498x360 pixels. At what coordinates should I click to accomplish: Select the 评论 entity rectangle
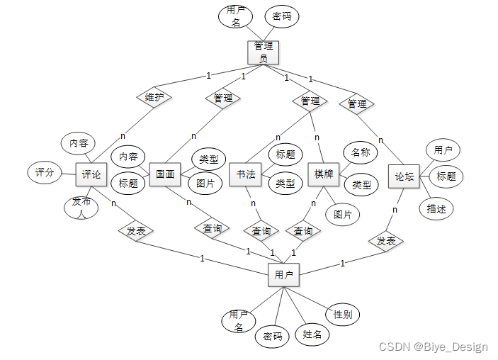click(91, 174)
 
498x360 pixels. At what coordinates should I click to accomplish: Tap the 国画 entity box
click(165, 174)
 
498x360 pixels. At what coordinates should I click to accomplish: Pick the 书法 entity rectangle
click(246, 174)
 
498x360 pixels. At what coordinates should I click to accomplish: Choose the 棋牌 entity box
click(324, 174)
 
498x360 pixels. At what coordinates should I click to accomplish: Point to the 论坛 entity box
click(404, 176)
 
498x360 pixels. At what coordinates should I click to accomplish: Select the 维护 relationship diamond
click(154, 97)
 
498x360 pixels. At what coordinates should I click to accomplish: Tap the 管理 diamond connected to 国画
click(223, 98)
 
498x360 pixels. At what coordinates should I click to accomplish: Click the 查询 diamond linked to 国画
click(213, 228)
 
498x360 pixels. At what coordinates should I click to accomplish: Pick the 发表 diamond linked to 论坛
click(386, 241)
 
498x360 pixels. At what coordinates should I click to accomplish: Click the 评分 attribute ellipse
click(45, 172)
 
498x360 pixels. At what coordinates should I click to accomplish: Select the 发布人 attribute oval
click(82, 206)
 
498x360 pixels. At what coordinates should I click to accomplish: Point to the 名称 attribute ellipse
click(360, 152)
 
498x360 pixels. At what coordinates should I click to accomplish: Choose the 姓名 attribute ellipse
click(312, 334)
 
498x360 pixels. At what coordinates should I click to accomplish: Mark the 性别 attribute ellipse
click(342, 314)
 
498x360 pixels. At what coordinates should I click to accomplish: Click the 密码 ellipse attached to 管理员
click(281, 16)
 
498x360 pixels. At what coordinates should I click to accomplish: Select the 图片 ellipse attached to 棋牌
click(342, 213)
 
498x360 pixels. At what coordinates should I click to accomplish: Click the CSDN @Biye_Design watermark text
click(434, 347)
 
